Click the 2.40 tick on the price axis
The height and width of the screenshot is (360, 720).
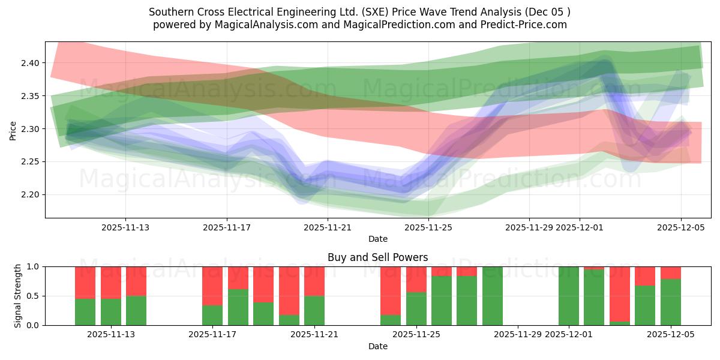tap(30, 63)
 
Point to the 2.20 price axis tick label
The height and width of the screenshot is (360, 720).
tap(30, 194)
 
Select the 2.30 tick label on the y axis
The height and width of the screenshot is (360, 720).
tap(30, 129)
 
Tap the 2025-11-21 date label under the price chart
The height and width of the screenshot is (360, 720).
tap(328, 227)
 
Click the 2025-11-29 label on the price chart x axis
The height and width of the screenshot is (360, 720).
tap(529, 227)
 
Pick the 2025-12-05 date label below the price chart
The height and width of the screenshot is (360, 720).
tap(680, 227)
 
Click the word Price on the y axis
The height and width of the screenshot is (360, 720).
tap(13, 130)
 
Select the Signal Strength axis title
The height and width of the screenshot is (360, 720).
tap(18, 296)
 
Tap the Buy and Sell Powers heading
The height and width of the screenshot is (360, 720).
tap(377, 257)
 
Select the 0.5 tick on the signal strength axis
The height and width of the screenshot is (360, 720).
tap(34, 296)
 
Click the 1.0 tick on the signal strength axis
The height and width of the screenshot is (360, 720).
tap(34, 266)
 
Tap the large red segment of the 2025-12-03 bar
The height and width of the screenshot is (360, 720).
tap(620, 293)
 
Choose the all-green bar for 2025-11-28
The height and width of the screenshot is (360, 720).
tap(493, 296)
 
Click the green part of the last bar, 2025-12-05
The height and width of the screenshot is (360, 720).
tap(671, 302)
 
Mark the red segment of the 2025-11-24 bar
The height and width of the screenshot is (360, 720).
tap(391, 290)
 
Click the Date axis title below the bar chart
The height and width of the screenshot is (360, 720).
tap(377, 346)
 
